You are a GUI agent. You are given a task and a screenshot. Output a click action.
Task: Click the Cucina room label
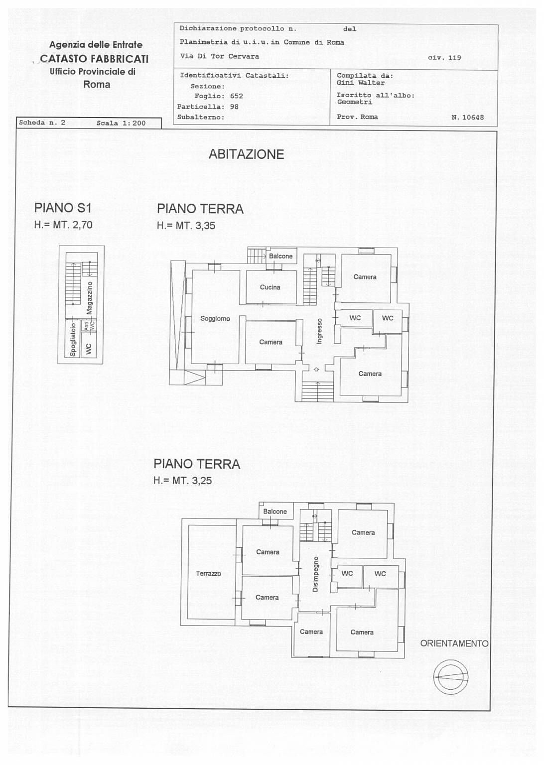[x=270, y=287]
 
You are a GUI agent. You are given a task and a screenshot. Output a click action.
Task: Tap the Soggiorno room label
[x=215, y=319]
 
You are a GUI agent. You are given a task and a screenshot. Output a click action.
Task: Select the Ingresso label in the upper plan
[x=319, y=331]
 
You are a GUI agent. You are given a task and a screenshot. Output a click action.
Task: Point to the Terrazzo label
[x=208, y=574]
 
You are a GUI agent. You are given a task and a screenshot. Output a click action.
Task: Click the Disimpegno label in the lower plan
[x=315, y=574]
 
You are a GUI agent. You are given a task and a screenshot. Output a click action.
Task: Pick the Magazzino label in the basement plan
[x=90, y=298]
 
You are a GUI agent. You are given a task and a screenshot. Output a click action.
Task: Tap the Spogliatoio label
[x=73, y=339]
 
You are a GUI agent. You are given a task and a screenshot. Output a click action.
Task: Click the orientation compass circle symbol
[x=451, y=677]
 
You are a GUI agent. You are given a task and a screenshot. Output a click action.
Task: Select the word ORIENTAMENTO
[x=454, y=643]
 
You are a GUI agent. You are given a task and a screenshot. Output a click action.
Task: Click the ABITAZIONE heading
[x=246, y=154]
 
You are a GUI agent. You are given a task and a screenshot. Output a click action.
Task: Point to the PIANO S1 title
[x=63, y=208]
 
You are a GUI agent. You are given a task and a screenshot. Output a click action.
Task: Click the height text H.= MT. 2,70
[x=63, y=225]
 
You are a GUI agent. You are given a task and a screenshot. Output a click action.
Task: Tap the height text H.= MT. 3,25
[x=183, y=481]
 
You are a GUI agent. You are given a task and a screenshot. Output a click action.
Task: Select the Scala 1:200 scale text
[x=121, y=123]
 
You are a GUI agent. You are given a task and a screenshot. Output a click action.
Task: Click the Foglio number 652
[x=237, y=96]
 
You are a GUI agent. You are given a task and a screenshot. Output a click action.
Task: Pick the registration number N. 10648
[x=467, y=118]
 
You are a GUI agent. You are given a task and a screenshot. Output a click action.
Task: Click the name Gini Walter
[x=360, y=83]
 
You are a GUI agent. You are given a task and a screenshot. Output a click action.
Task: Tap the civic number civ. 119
[x=444, y=58]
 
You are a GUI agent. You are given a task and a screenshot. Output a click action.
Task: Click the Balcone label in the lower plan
[x=275, y=511]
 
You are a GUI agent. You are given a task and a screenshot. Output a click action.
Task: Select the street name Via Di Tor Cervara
[x=220, y=56]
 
